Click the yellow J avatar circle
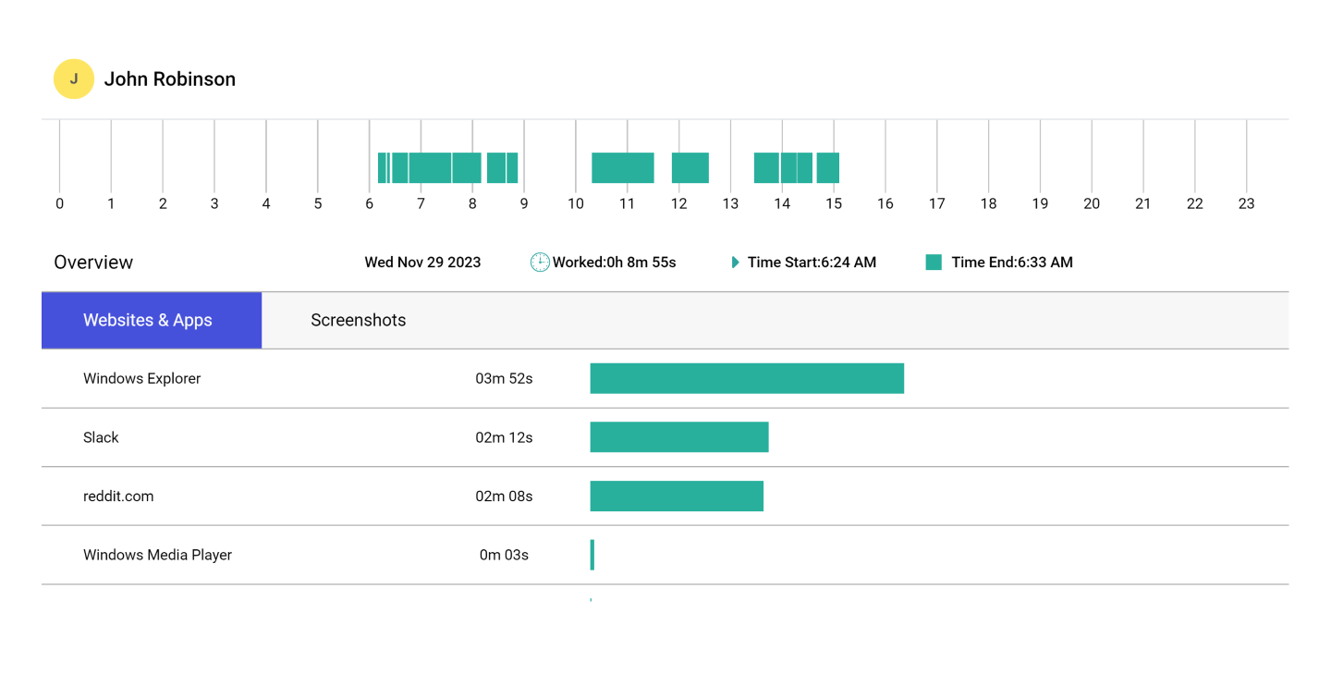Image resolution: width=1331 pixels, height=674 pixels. (x=74, y=80)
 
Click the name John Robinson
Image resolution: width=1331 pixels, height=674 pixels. (x=169, y=80)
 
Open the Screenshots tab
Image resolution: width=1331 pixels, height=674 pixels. (x=358, y=320)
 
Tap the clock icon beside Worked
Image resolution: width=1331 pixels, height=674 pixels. (x=540, y=263)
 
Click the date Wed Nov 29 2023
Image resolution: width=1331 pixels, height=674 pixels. (x=422, y=263)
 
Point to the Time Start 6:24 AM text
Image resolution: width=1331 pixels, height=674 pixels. (x=812, y=263)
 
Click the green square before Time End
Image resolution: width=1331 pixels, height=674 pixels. (x=934, y=263)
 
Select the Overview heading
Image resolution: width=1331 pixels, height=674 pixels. (x=93, y=263)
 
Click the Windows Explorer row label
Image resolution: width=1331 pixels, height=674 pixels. (x=141, y=378)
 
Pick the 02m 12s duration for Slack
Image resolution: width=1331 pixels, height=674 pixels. (x=504, y=437)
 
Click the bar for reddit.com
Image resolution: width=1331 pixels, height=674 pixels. (x=677, y=496)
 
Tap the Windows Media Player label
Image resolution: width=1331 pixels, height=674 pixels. (x=157, y=555)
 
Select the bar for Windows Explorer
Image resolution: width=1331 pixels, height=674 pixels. (x=747, y=378)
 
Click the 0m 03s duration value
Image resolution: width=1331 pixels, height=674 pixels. (x=504, y=555)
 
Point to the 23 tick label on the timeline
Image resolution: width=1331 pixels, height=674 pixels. (x=1246, y=203)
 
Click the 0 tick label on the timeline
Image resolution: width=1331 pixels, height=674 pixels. (x=60, y=203)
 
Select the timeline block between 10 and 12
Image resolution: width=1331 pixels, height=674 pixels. (x=622, y=167)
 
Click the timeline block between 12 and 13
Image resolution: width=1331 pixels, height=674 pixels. (x=690, y=167)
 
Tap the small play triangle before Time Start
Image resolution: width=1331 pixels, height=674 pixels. (x=735, y=263)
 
